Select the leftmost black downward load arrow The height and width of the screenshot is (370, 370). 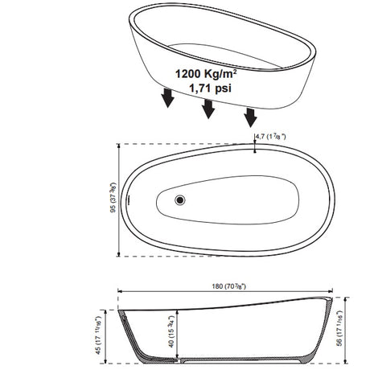coord(168,98)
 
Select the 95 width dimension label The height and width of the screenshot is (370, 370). coord(115,200)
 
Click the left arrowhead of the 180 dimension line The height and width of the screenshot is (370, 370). coord(121,291)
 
